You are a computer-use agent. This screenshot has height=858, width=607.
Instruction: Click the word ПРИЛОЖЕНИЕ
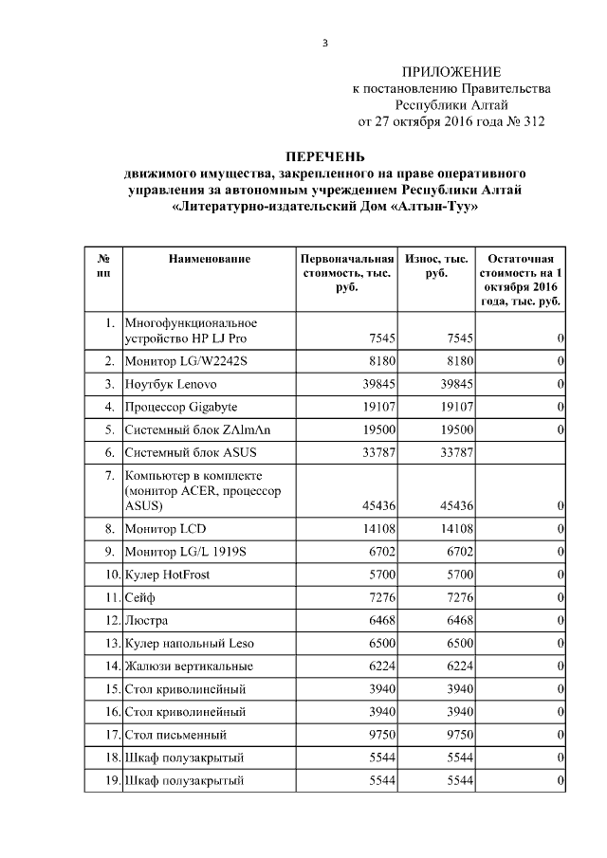point(451,73)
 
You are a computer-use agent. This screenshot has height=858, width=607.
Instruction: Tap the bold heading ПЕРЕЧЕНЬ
point(325,156)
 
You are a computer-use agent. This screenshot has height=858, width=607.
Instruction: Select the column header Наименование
point(210,259)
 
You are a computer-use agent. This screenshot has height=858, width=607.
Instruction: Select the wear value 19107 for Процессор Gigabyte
point(453,409)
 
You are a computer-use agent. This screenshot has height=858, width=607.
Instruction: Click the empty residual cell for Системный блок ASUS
point(521,452)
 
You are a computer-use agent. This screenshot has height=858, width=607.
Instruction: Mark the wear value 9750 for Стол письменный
point(453,734)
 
